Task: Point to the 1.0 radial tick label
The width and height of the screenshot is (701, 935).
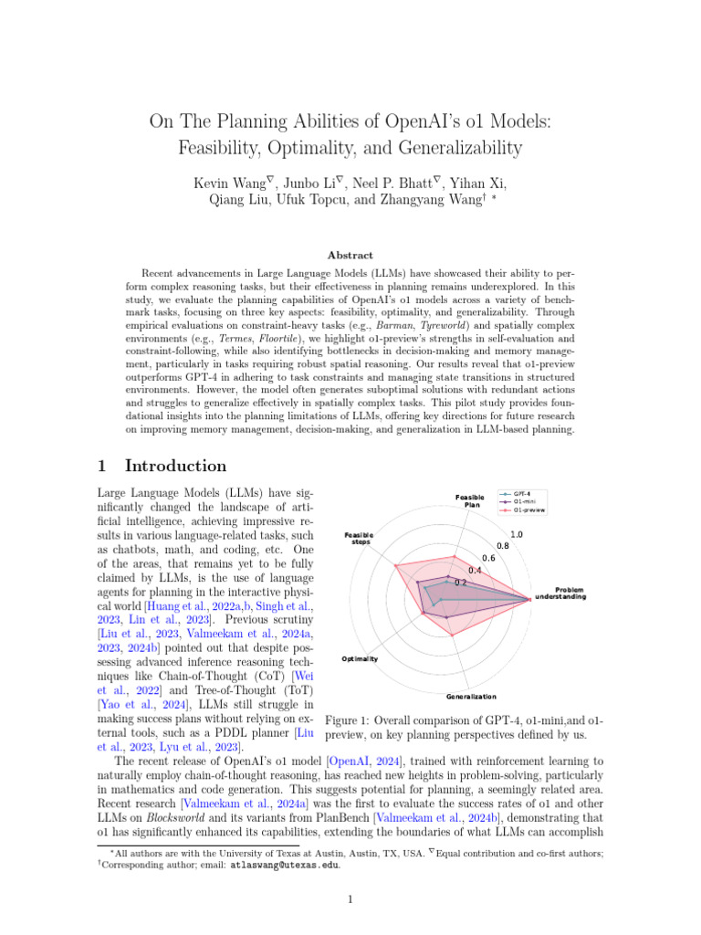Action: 517,534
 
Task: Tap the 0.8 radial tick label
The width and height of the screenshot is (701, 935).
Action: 502,546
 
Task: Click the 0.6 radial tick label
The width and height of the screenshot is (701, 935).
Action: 488,558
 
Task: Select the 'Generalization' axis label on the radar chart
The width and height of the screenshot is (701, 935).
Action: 471,697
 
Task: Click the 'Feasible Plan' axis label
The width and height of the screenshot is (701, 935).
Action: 469,501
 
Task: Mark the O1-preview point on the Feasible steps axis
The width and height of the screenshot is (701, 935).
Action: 395,565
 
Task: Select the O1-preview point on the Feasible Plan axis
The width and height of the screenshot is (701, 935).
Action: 454,555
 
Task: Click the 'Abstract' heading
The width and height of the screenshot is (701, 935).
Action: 350,256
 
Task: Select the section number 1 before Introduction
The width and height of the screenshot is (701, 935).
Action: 103,466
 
